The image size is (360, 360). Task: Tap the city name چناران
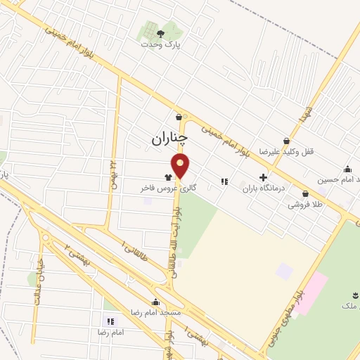(x=170, y=139)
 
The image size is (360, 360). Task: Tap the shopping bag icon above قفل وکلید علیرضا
(x=286, y=141)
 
